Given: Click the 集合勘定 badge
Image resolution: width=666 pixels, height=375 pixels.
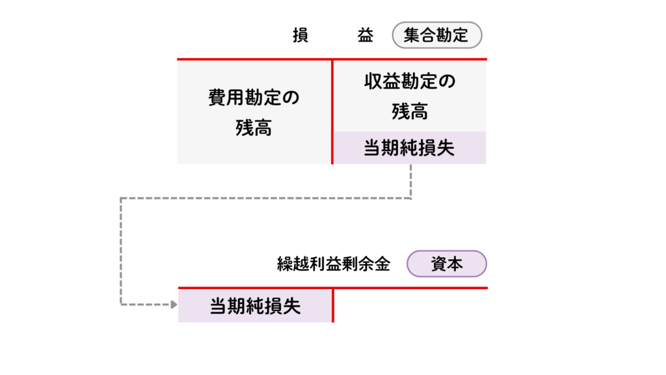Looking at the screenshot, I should pyautogui.click(x=436, y=35).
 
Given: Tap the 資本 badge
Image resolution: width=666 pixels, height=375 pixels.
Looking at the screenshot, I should pyautogui.click(x=446, y=264).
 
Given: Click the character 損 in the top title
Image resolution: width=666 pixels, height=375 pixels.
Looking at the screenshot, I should pyautogui.click(x=300, y=36).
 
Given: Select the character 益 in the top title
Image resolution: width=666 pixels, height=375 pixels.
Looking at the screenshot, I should pyautogui.click(x=366, y=36).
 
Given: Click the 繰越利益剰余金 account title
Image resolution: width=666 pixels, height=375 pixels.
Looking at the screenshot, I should pyautogui.click(x=333, y=264).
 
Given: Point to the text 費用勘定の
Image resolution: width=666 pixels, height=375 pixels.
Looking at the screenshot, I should pyautogui.click(x=254, y=98).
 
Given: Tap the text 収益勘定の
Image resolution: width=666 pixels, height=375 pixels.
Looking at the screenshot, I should pyautogui.click(x=410, y=82).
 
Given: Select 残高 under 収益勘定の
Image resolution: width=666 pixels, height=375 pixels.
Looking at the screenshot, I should pyautogui.click(x=410, y=111).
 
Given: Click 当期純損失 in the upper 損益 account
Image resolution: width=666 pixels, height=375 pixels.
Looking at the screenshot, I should pyautogui.click(x=409, y=148).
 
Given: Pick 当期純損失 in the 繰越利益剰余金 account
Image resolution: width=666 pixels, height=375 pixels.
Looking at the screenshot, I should pyautogui.click(x=255, y=306).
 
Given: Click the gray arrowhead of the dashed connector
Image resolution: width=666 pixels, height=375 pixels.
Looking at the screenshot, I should pyautogui.click(x=174, y=304).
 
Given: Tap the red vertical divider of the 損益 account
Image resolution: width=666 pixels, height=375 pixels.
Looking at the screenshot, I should pyautogui.click(x=332, y=111).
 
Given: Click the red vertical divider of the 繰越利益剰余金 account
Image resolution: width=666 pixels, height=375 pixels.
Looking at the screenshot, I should pyautogui.click(x=332, y=305).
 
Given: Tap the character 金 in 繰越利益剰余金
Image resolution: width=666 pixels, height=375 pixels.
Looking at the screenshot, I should pyautogui.click(x=382, y=264).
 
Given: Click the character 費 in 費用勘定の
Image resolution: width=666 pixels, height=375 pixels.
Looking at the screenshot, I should pyautogui.click(x=216, y=98).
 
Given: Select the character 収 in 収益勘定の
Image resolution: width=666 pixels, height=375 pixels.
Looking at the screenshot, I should pyautogui.click(x=372, y=82).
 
